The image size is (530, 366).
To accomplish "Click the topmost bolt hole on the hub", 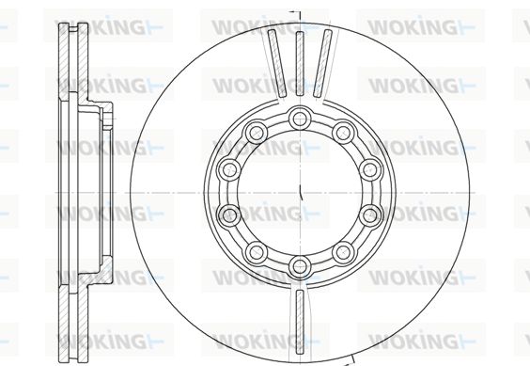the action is click(x=300, y=119).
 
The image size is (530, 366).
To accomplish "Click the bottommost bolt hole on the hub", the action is click(x=300, y=266).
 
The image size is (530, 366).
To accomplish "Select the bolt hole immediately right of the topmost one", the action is click(x=343, y=133).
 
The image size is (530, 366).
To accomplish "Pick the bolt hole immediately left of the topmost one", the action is click(x=257, y=133).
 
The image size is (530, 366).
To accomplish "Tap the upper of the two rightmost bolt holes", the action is click(x=370, y=169).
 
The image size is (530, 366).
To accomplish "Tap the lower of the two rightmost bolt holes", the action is click(x=370, y=215).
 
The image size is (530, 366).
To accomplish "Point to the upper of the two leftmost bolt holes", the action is click(x=229, y=169).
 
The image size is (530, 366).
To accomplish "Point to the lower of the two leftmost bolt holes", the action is click(x=229, y=215).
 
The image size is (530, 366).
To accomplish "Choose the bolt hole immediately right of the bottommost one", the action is click(x=343, y=252).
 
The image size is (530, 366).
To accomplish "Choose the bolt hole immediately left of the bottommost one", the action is click(x=257, y=252).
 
